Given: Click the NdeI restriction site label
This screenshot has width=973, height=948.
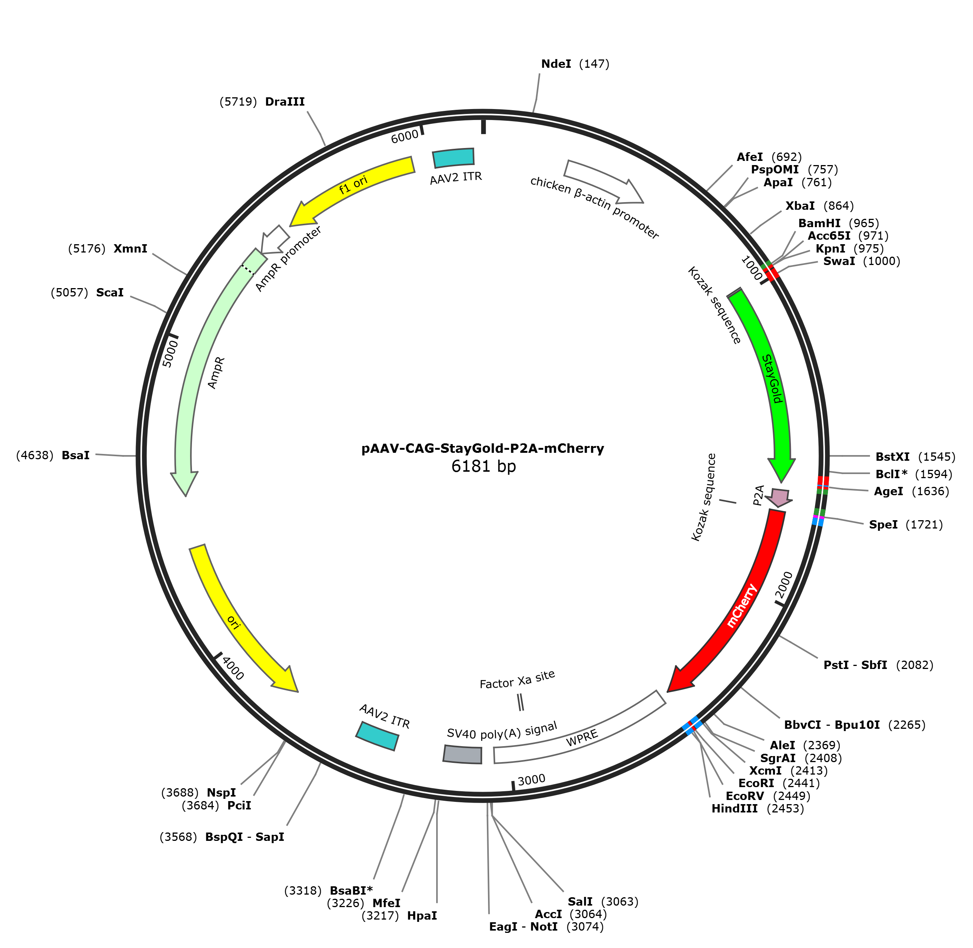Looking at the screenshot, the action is click(556, 64).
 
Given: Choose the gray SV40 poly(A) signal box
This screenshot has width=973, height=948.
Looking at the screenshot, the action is click(463, 754).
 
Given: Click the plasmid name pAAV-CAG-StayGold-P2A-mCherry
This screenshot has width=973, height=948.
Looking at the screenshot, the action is click(482, 449).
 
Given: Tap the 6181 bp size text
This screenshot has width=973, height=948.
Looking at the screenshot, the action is click(483, 466).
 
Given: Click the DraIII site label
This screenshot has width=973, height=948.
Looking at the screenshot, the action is click(285, 101).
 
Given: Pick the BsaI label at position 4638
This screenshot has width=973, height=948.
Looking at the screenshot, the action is click(76, 455).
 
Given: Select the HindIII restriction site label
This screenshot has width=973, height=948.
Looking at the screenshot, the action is click(734, 808).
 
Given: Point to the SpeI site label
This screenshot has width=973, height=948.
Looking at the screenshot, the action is click(883, 524).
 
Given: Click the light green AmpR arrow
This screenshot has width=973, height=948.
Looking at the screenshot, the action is click(209, 368).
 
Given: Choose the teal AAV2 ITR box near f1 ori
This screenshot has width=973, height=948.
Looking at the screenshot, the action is click(453, 158).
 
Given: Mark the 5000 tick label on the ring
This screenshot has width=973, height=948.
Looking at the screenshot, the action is click(170, 354).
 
